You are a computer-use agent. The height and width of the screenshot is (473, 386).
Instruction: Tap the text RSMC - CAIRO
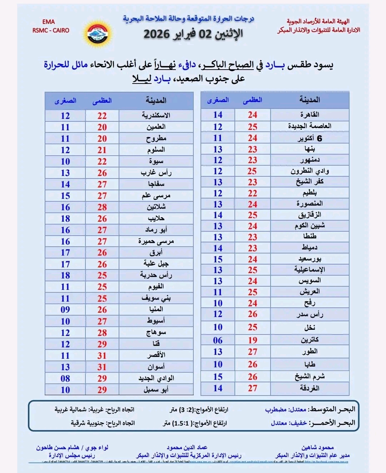[x=51, y=30]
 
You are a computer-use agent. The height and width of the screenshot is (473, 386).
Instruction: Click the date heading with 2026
[x=193, y=34]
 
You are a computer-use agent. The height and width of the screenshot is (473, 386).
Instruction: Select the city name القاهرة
[x=310, y=115]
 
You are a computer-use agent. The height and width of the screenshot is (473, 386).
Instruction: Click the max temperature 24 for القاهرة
[x=252, y=115]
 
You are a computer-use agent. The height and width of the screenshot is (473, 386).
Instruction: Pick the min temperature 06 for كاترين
[x=218, y=340]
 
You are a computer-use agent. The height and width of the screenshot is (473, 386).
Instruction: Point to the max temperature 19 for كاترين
[x=252, y=340]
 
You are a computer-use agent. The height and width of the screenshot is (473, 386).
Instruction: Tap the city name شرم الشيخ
[x=310, y=377]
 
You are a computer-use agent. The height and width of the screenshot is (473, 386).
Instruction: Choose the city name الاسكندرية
[x=156, y=115]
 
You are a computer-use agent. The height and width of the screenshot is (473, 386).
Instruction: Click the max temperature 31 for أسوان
[x=102, y=367]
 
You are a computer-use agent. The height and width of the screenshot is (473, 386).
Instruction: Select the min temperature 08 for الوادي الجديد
[x=65, y=378]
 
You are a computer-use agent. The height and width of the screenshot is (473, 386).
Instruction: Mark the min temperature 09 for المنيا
[x=65, y=310]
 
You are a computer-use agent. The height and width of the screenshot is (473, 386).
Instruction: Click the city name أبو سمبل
[x=156, y=389]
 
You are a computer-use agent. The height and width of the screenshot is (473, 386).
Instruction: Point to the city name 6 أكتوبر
[x=310, y=138]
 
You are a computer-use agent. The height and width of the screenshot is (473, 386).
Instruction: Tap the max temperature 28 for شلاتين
[x=102, y=207]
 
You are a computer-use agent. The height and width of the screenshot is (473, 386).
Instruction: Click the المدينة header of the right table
[x=310, y=100]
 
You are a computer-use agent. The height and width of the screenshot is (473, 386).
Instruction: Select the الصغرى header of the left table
[x=65, y=101]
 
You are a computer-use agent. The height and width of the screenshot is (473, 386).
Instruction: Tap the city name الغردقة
[x=310, y=388]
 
